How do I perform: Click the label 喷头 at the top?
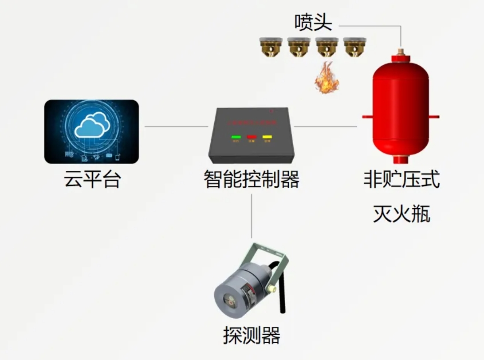(313, 22)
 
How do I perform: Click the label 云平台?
(92, 180)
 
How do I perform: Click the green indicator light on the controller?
(236, 137)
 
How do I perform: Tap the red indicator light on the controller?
(252, 137)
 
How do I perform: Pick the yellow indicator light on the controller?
(267, 137)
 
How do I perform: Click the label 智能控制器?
(252, 180)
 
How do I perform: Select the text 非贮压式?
(401, 180)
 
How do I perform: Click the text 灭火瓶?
(401, 214)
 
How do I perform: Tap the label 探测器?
(252, 335)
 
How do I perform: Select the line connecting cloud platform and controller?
(176, 127)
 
